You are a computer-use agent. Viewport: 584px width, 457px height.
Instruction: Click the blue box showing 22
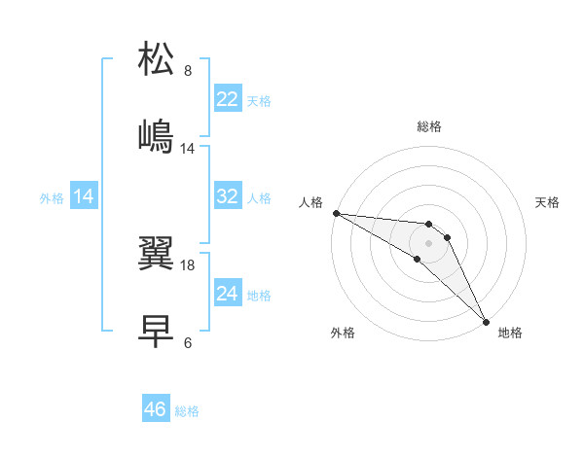pyautogui.click(x=228, y=99)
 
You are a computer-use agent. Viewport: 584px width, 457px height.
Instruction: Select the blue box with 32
pyautogui.click(x=228, y=196)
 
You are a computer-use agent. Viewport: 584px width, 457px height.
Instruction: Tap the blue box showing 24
pyautogui.click(x=228, y=294)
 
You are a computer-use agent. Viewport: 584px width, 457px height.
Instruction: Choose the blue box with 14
pyautogui.click(x=84, y=196)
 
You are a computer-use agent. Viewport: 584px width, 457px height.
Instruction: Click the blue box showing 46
pyautogui.click(x=156, y=409)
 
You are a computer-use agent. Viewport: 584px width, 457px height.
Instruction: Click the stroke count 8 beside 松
pyautogui.click(x=188, y=70)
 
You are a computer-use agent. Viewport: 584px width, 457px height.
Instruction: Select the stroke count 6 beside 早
pyautogui.click(x=188, y=342)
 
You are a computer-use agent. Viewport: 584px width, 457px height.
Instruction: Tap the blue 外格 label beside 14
pyautogui.click(x=52, y=197)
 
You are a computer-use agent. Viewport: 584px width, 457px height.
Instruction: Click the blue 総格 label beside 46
pyautogui.click(x=187, y=411)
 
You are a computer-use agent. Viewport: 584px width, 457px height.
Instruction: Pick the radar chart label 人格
pyautogui.click(x=310, y=202)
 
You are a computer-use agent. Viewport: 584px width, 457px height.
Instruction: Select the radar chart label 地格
pyautogui.click(x=510, y=333)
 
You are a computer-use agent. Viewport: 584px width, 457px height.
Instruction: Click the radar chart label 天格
pyautogui.click(x=547, y=202)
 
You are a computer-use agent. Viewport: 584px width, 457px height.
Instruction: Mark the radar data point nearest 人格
pyautogui.click(x=336, y=213)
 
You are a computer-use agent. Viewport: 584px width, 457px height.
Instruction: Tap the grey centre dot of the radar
pyautogui.click(x=428, y=242)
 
